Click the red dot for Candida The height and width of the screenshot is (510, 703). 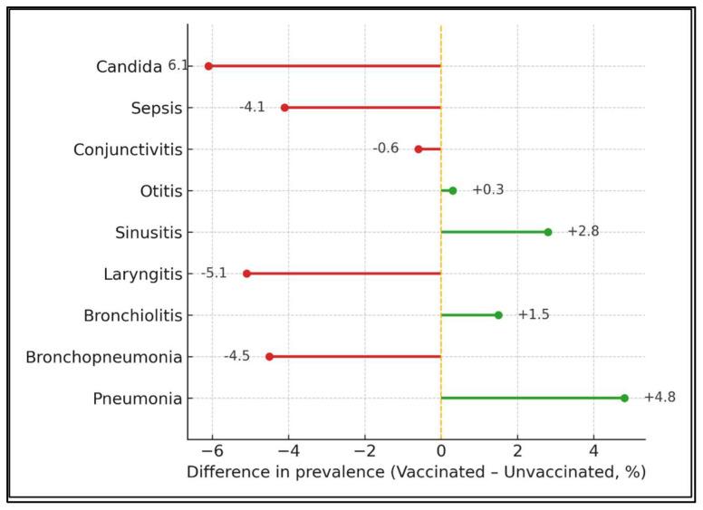[208, 66]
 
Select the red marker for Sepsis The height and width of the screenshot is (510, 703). [284, 108]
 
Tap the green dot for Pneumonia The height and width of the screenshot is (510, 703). [624, 398]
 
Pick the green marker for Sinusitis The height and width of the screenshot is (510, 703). [548, 232]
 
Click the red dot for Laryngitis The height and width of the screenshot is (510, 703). [246, 274]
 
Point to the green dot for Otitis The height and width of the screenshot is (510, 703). [453, 190]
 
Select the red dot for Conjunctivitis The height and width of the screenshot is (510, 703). [419, 149]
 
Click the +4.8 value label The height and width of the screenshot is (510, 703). [660, 398]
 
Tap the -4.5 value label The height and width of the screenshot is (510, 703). [236, 356]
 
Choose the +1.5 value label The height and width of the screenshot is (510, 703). [534, 315]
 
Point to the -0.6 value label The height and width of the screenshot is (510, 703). [385, 149]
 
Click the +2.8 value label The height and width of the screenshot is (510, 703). [583, 232]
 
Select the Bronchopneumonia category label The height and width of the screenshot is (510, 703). [104, 357]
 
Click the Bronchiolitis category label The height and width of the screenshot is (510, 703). [132, 315]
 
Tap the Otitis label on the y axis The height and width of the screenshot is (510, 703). [161, 191]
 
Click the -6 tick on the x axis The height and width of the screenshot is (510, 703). [210, 452]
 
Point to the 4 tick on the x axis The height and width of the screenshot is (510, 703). [593, 452]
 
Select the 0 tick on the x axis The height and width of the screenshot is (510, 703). [441, 452]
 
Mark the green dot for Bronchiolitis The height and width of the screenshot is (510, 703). [498, 315]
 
